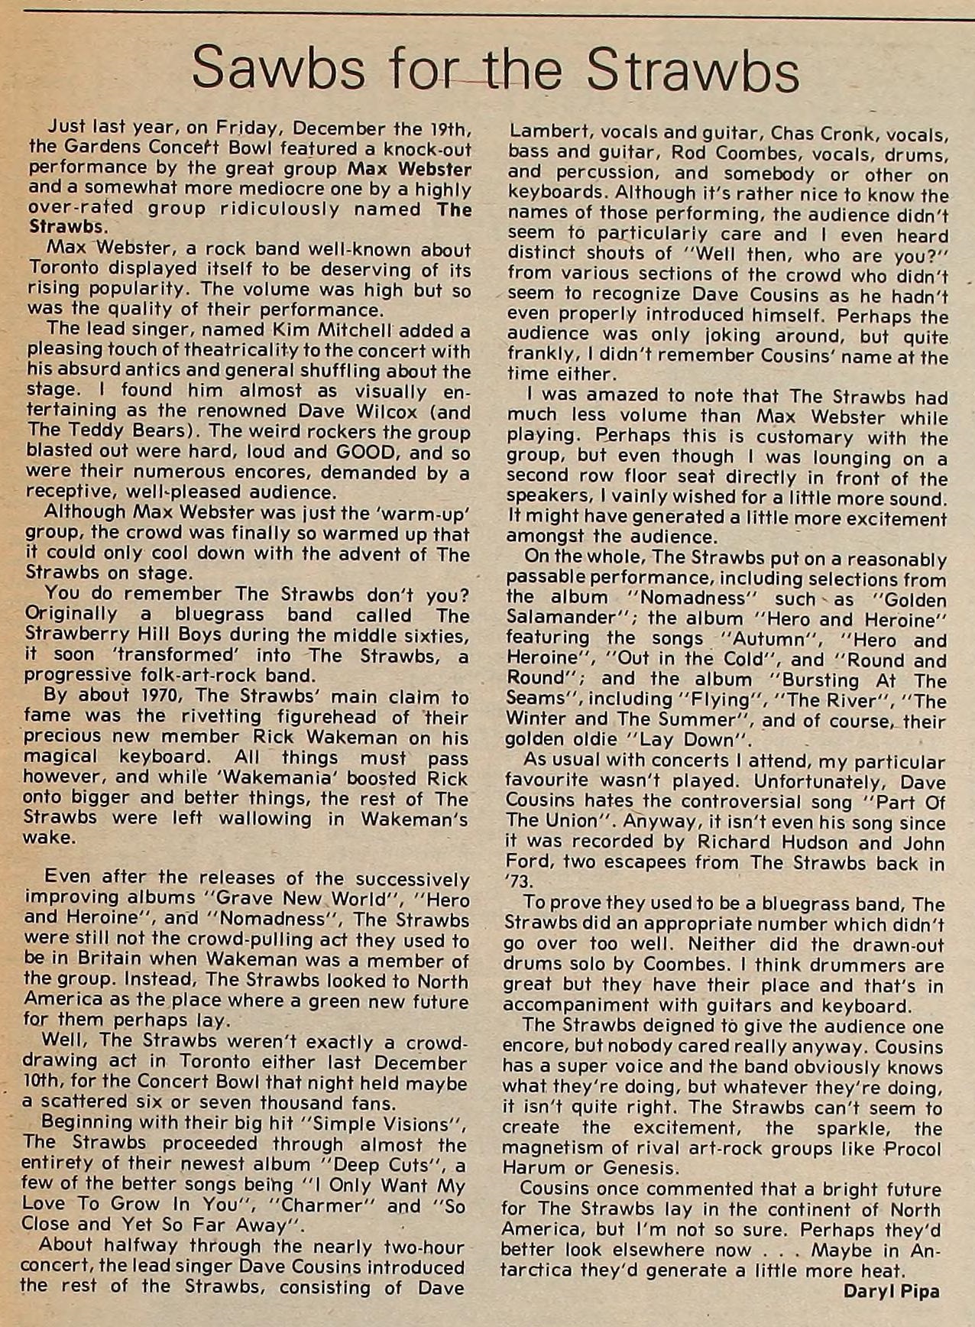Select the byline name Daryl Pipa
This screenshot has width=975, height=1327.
coord(891,1291)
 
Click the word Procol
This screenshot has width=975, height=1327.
coord(912,1148)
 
